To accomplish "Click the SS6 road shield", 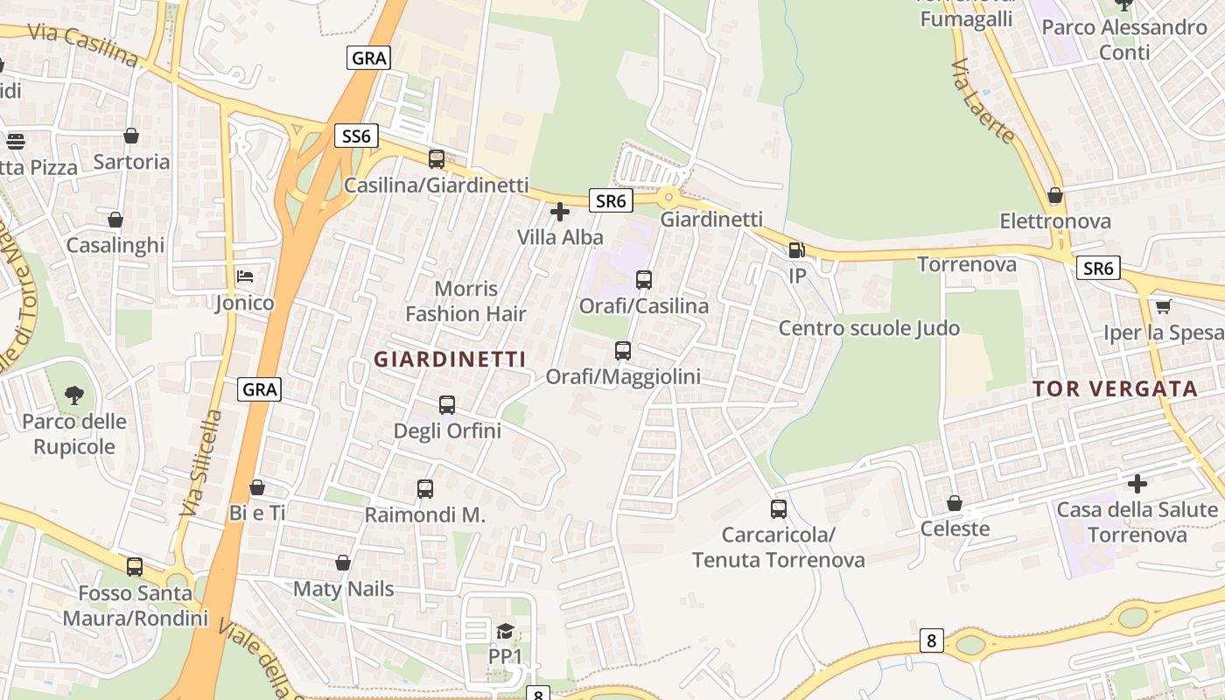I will pos(356,136).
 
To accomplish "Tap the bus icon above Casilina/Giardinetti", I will pos(437,159).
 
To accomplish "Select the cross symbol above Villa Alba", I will pos(560,212).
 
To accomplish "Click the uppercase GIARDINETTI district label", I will pos(450,359).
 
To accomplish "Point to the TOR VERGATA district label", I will pos(1115,389).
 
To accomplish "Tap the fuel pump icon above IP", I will pos(796,250).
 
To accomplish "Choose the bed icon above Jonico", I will pos(245,277).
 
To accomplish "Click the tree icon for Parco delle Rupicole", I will pos(74,395).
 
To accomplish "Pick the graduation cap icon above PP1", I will pos(505,631).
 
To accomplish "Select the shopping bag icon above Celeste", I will pos(955,503).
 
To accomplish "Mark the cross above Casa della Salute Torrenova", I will pos(1137,483).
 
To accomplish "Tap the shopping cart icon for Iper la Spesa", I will pos(1163,306).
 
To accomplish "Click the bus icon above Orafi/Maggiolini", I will pos(623,351).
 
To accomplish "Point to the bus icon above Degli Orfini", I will pos(447,405).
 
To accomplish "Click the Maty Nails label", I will pos(343,589).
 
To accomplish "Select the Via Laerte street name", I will pos(983,101).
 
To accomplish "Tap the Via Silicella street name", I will pos(199,462).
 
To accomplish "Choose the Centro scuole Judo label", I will pos(869,328).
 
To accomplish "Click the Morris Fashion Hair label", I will pos(465,301).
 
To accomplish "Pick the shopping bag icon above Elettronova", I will pos(1055,195).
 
